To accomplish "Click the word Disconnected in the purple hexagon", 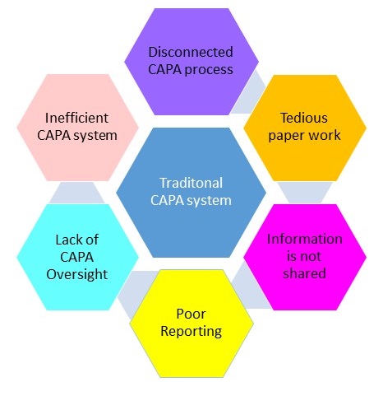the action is (x=191, y=52).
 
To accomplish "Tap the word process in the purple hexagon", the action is (x=209, y=70).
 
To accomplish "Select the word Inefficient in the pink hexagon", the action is (x=77, y=118).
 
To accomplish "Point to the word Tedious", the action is (x=304, y=118).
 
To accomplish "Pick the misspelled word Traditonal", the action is (x=191, y=183).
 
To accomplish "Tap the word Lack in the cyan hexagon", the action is (x=67, y=240).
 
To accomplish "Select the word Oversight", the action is (x=77, y=274).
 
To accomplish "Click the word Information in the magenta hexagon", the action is (x=305, y=239).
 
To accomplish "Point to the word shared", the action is (x=305, y=273).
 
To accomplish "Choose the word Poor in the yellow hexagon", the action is (x=191, y=314).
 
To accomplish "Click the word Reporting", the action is (x=191, y=332).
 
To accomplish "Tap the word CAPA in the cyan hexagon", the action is (x=77, y=257).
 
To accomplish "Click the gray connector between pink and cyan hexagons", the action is (x=77, y=193).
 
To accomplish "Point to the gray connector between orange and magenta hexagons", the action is (x=305, y=193).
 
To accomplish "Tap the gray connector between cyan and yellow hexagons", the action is (x=135, y=291).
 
